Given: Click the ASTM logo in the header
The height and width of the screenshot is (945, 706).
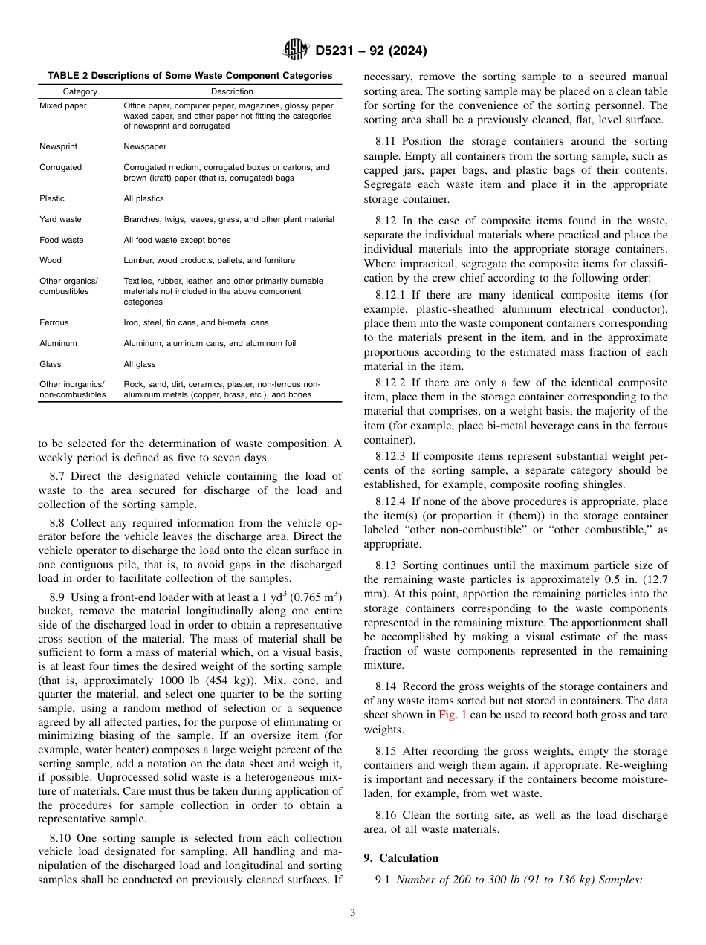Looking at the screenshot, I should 296,51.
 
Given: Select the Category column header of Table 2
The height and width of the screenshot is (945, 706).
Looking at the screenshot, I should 80,91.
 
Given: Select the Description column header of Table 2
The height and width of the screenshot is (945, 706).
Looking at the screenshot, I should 232,91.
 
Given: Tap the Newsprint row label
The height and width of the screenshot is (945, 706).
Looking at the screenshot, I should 58,147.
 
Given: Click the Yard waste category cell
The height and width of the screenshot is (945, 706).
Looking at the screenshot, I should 60,219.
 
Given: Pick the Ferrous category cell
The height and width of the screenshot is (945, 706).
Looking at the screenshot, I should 54,323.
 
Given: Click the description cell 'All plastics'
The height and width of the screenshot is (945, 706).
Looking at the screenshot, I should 143,198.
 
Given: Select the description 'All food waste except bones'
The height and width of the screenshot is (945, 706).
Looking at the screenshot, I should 176,240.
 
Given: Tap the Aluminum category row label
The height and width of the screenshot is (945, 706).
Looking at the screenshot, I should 58,344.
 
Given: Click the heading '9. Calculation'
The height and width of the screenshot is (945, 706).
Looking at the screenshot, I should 401,857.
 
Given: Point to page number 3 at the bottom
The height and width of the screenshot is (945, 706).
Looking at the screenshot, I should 353,912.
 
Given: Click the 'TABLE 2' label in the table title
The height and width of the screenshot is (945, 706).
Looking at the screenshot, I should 68,75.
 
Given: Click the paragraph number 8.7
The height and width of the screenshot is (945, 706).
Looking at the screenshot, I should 57,476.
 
